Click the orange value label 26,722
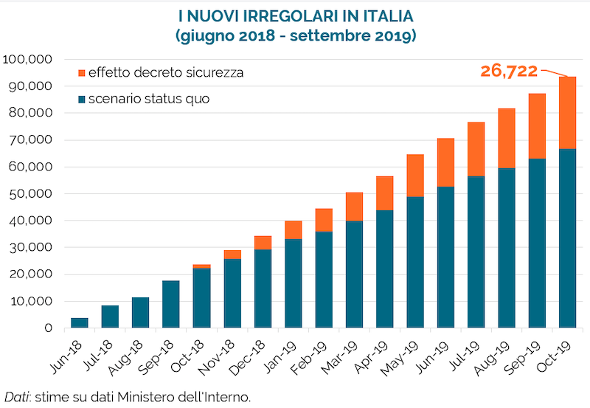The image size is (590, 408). pos(510,71)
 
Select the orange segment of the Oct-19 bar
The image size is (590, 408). pos(567,113)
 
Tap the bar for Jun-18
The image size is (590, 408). pos(79,322)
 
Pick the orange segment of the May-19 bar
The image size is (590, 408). pos(414,176)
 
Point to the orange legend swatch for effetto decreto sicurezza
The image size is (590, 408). pos(81,74)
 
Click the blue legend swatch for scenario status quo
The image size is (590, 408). pos(81,98)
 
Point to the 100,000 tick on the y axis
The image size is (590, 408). pos(29,60)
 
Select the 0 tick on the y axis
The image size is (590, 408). pos(48,328)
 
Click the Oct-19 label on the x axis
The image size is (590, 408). pos(556,358)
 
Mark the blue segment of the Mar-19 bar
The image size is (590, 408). pos(353,274)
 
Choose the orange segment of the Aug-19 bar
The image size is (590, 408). pos(506,138)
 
